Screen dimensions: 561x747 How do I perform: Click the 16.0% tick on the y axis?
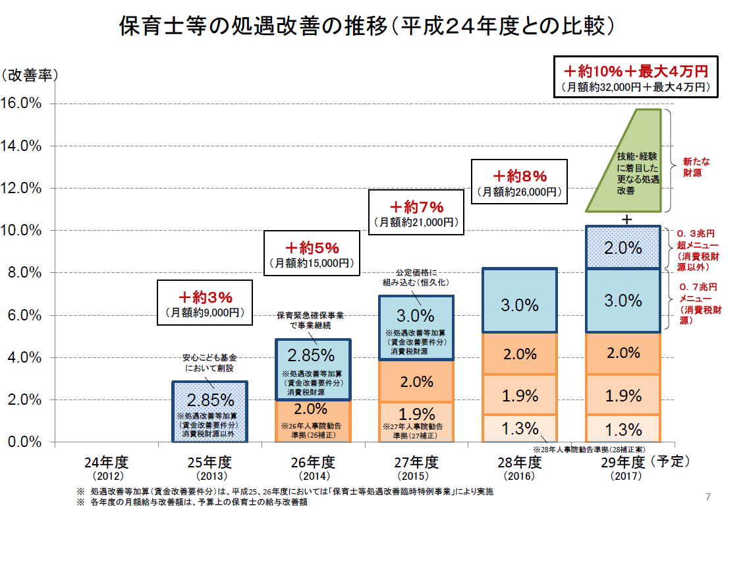coord(22,103)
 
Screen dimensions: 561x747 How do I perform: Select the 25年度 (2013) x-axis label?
coord(210,467)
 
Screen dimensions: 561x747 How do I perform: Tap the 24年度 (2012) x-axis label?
coord(107,467)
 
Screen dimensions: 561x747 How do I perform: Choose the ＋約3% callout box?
coord(206,303)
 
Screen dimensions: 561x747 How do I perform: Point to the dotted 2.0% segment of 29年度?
coord(622,247)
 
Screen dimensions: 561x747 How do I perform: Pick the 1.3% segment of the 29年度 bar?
coord(622,429)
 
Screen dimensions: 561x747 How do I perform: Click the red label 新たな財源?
coord(696,167)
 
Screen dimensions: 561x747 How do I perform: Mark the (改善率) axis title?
coord(30,75)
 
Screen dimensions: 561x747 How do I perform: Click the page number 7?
coord(708,496)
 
